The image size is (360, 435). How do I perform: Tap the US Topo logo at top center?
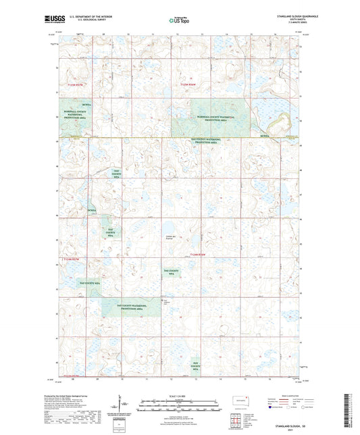click(x=179, y=20)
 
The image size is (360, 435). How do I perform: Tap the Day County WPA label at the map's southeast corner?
click(x=196, y=368)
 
